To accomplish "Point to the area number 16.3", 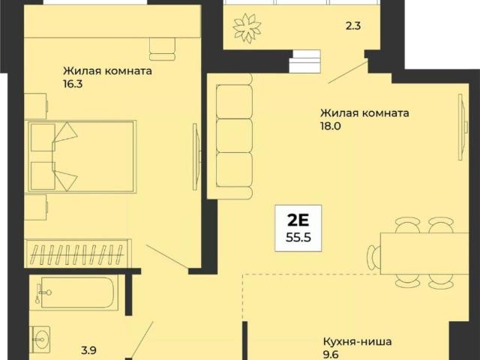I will [73, 85].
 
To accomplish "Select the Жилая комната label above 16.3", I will [107, 72].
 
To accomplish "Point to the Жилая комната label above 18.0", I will [364, 113].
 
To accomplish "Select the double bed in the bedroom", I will [81, 156].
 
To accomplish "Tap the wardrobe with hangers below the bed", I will [78, 250].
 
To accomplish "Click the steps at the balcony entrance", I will [305, 58].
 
